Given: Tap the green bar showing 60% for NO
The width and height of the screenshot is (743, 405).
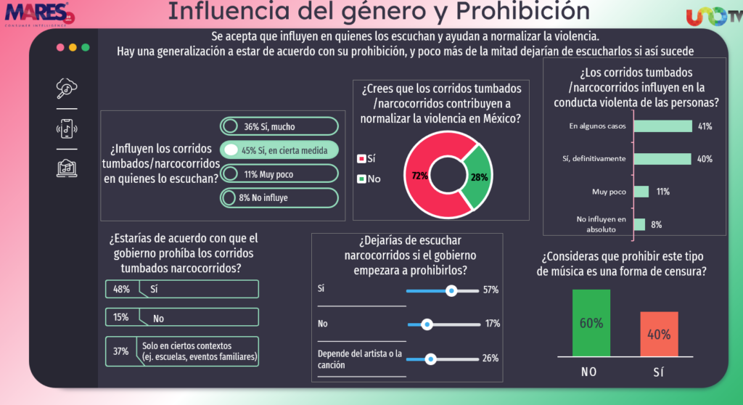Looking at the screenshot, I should (x=591, y=323).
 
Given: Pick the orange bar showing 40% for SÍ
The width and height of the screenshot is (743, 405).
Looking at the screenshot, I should (x=659, y=334).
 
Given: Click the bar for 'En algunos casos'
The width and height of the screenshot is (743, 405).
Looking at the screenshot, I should (x=662, y=126).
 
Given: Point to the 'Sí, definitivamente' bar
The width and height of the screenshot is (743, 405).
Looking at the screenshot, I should (x=662, y=159).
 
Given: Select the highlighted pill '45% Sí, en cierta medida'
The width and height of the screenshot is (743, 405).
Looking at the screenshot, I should (x=279, y=150).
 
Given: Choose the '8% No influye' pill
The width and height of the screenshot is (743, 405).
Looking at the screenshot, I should (x=279, y=197).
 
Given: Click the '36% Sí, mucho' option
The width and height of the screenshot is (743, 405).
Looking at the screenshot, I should (x=279, y=126).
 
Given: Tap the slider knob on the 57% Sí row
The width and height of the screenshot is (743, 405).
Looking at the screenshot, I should (x=451, y=290).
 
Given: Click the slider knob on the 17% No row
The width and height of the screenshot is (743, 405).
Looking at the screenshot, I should (x=427, y=324).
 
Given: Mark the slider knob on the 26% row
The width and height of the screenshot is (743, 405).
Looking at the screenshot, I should (x=431, y=358).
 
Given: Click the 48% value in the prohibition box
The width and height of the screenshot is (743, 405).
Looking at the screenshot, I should (x=120, y=289).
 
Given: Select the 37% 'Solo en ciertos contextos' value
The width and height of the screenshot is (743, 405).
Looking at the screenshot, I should (x=120, y=351).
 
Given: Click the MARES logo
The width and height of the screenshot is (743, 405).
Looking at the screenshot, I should (x=36, y=13).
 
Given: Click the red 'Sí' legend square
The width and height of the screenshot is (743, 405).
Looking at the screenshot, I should (x=361, y=157).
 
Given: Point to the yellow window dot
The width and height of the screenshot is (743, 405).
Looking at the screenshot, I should (x=73, y=47).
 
